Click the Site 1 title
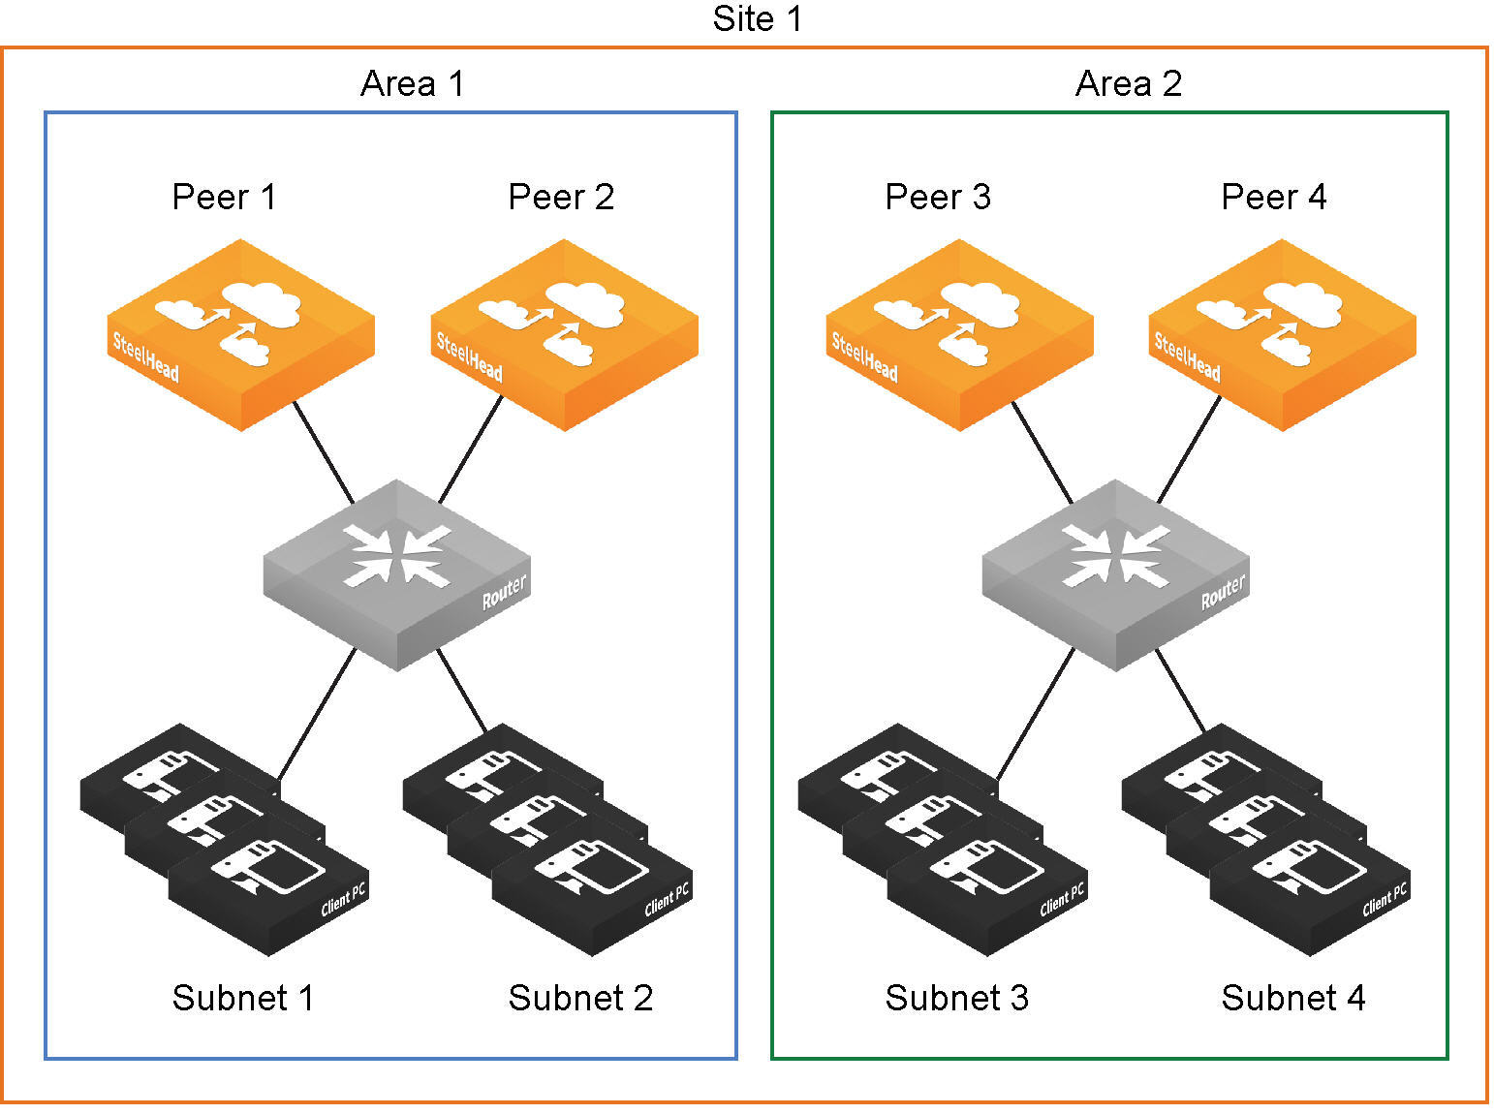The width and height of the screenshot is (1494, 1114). [757, 19]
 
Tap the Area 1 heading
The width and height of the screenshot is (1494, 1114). [413, 84]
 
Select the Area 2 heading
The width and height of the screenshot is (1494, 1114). [1129, 84]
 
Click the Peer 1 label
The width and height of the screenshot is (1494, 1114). [224, 198]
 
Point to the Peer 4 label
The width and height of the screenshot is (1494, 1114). [1273, 198]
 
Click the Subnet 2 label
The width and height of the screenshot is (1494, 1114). [580, 998]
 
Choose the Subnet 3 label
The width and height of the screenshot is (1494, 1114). [956, 998]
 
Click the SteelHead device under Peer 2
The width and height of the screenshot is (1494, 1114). [564, 334]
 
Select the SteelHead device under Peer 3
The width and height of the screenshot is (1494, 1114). [959, 334]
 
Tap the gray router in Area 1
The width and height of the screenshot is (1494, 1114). [397, 573]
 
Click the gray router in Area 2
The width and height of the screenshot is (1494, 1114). [1115, 573]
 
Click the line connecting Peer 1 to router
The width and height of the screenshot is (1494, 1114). [324, 451]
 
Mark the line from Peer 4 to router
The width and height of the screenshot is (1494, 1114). [1189, 450]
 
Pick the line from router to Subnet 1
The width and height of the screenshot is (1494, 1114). [317, 715]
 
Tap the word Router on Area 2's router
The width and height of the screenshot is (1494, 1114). [1223, 592]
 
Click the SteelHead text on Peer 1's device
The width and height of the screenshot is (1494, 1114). [146, 357]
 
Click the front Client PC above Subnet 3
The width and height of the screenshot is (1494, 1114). [986, 891]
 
